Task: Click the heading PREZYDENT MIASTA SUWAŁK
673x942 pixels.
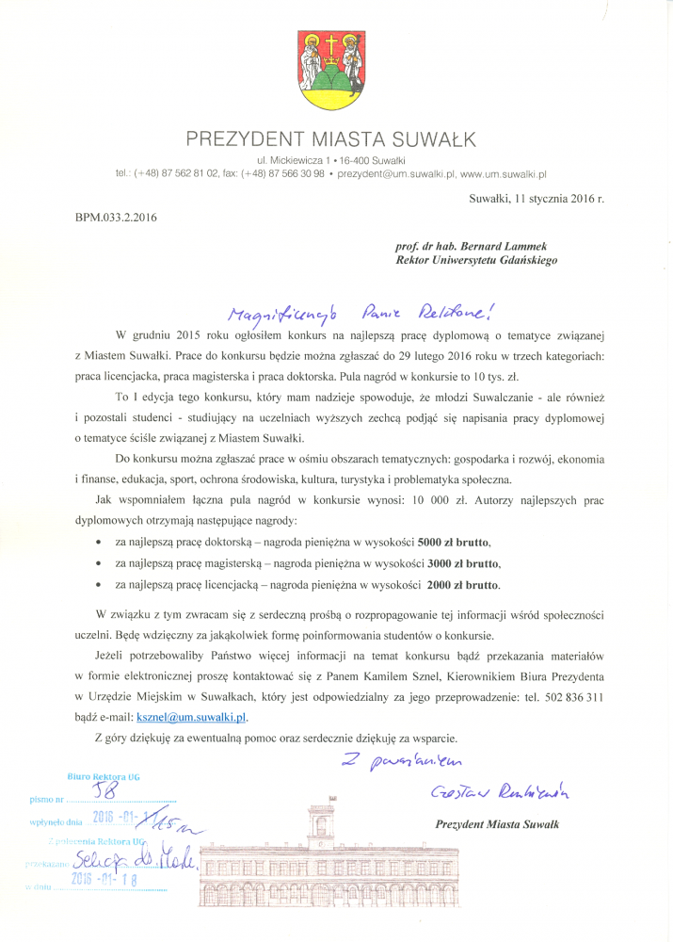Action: click(x=331, y=140)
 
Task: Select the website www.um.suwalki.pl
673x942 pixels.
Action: click(x=505, y=174)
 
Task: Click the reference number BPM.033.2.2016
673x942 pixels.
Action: click(x=116, y=219)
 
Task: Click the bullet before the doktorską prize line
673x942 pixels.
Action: click(x=100, y=544)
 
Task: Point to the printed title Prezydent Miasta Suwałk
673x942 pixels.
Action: click(x=498, y=824)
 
